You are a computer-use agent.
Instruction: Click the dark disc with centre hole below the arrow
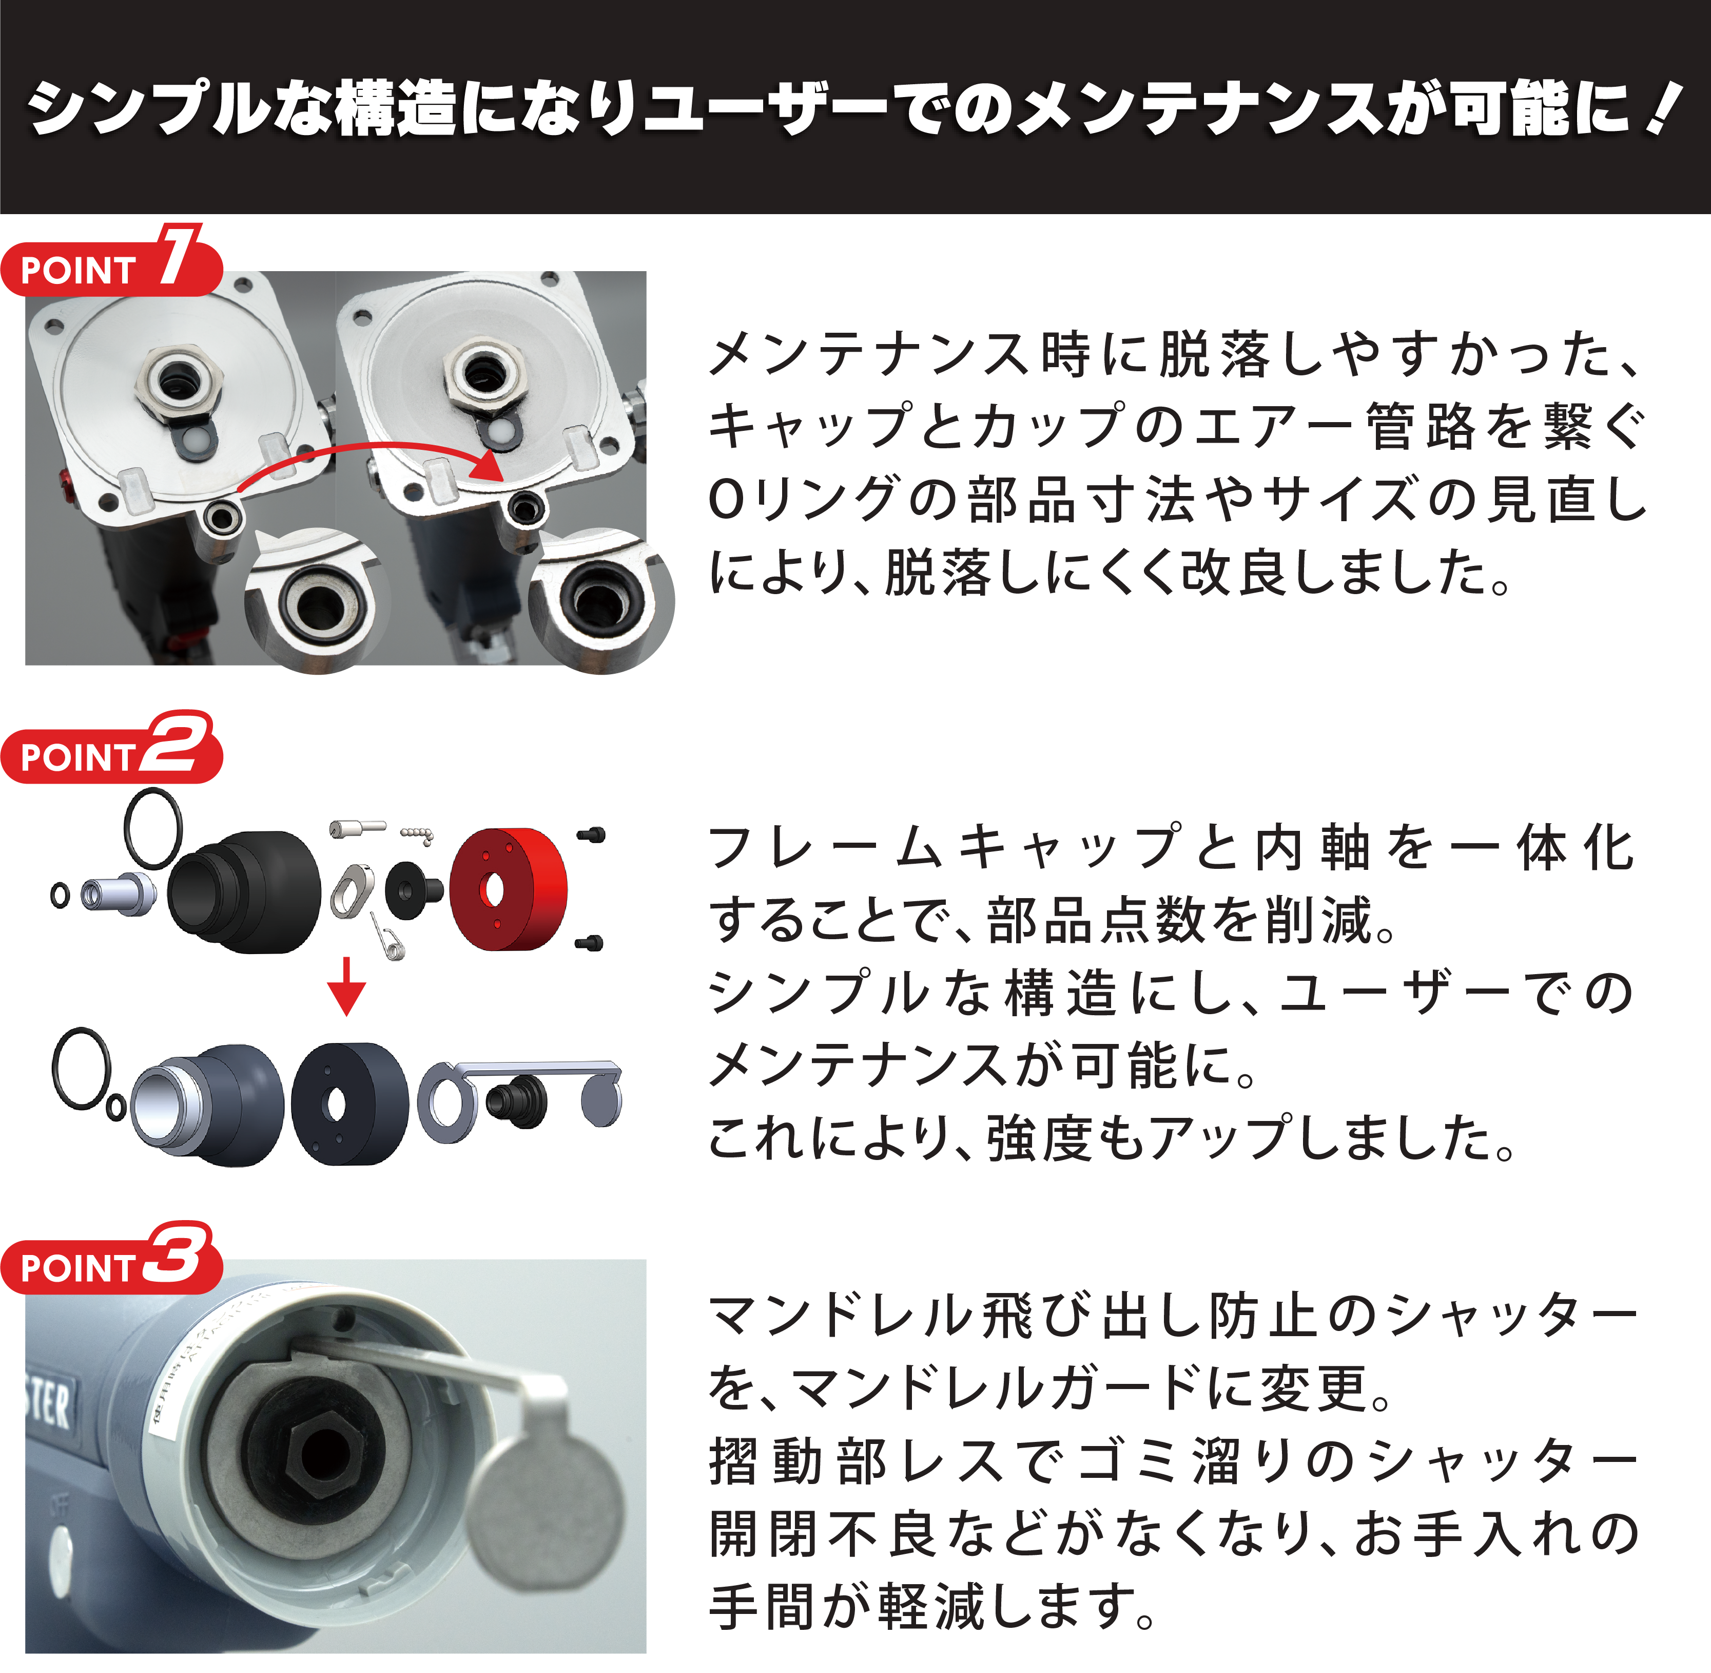(349, 1104)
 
